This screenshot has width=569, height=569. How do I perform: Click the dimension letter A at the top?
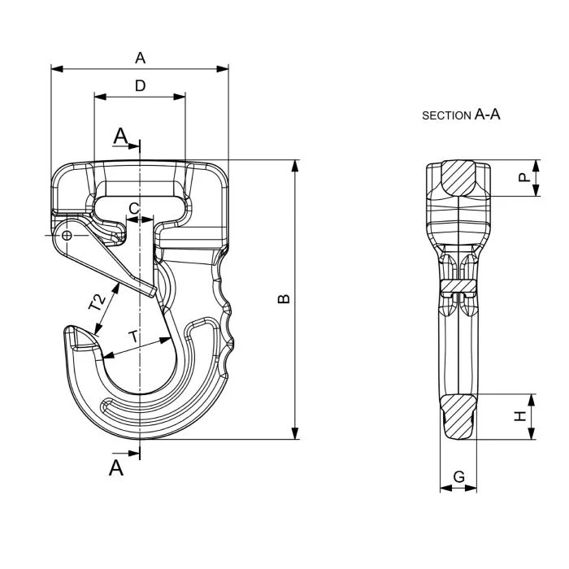[140, 58]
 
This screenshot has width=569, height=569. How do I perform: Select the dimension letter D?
[140, 85]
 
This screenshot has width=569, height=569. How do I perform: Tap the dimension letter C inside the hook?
[134, 208]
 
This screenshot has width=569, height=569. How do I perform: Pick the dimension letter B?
[284, 299]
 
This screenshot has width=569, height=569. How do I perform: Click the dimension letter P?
[524, 176]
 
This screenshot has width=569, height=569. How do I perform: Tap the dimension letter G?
[458, 477]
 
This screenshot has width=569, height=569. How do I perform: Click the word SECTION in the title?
[446, 116]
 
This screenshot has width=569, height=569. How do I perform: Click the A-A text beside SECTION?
[487, 115]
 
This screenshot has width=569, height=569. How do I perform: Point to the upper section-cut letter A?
[120, 136]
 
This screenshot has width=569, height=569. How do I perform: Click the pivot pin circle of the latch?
[67, 236]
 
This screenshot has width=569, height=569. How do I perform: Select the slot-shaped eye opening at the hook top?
[140, 198]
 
